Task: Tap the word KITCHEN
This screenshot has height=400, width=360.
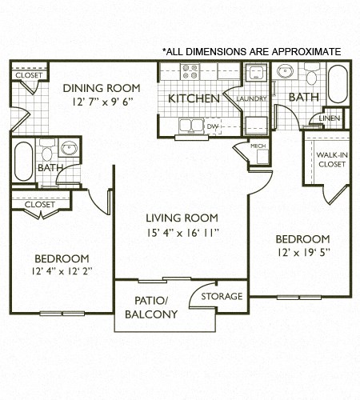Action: [x=194, y=99]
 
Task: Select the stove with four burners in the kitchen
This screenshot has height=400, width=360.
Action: [x=190, y=74]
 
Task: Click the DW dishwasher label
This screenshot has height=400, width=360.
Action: [x=213, y=126]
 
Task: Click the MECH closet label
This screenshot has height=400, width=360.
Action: [x=258, y=146]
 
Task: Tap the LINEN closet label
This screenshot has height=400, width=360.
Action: [x=329, y=118]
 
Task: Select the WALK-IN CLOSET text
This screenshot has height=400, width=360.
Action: [x=331, y=159]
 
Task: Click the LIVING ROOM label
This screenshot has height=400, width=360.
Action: [x=182, y=218]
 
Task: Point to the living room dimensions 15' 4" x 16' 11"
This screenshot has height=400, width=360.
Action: [x=182, y=232]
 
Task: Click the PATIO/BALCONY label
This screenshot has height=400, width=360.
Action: [x=150, y=307]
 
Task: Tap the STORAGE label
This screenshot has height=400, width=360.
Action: [x=222, y=296]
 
